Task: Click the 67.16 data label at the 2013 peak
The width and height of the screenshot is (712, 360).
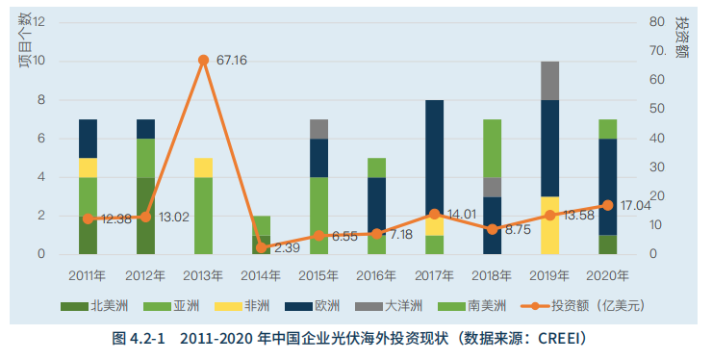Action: (232, 61)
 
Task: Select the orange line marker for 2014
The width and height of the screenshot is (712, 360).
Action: (261, 247)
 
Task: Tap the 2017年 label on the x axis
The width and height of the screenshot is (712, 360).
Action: (434, 275)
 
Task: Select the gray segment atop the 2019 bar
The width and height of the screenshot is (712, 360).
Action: (549, 81)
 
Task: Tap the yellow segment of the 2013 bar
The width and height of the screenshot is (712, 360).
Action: (203, 167)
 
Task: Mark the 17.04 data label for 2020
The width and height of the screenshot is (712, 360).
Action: (637, 205)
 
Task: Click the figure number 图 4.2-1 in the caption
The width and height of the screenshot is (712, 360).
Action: (140, 338)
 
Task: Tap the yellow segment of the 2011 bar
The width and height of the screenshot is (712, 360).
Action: (88, 167)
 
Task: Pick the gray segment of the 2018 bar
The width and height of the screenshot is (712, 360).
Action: (492, 187)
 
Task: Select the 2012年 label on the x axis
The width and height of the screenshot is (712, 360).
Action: (145, 275)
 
